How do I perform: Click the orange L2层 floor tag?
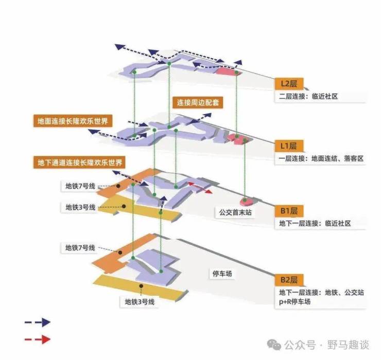pyautogui.click(x=289, y=84)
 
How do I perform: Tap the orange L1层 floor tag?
pyautogui.click(x=289, y=146)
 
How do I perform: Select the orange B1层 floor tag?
pyautogui.click(x=289, y=211)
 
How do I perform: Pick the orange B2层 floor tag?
pyautogui.click(x=289, y=280)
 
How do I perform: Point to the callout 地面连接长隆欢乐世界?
pyautogui.click(x=75, y=122)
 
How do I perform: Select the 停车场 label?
pyautogui.click(x=222, y=274)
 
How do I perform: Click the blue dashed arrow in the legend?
pyautogui.click(x=38, y=322)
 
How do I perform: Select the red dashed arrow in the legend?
pyautogui.click(x=38, y=339)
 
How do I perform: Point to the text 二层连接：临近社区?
pyautogui.click(x=308, y=96)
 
